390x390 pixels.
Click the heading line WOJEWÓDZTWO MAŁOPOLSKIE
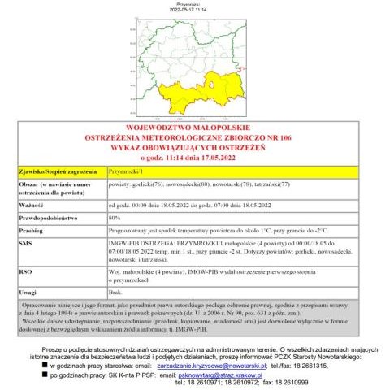[x=195, y=127]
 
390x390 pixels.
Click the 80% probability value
[x=115, y=219]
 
